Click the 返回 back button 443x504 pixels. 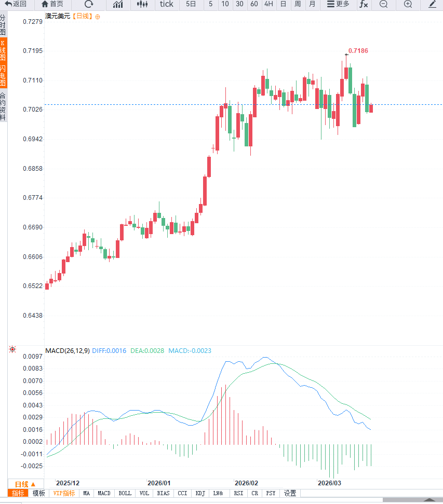click(16, 4)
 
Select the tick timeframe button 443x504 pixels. click(166, 4)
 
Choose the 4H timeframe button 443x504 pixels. click(268, 4)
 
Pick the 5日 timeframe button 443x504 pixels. click(191, 4)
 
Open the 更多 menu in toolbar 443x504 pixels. click(338, 4)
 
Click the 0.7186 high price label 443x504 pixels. click(358, 51)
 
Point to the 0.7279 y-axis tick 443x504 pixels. click(32, 22)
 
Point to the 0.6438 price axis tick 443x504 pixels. click(32, 315)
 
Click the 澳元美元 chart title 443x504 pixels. click(58, 16)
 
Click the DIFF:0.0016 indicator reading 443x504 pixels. click(109, 351)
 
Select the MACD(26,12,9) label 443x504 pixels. click(68, 351)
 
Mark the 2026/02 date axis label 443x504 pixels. click(246, 482)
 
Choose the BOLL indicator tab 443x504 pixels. click(125, 493)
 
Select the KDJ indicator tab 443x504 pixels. click(200, 493)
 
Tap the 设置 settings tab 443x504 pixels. click(290, 493)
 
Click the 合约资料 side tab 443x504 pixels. click(3, 106)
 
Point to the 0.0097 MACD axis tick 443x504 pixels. click(32, 357)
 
